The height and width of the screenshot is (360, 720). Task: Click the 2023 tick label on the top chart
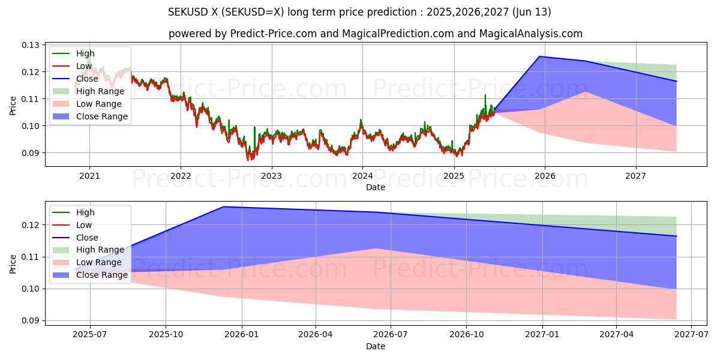coord(271,176)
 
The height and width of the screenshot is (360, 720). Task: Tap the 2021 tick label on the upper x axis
coord(89,176)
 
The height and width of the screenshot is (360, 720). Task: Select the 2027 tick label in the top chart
coord(635,176)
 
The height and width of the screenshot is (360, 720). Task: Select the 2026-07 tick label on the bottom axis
coord(391,335)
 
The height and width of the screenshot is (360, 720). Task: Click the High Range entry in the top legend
coord(100,91)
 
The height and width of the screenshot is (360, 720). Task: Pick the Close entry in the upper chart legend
coord(88,79)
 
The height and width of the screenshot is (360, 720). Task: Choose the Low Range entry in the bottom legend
coord(99,262)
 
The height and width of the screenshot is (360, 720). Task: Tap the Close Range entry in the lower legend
coord(102,275)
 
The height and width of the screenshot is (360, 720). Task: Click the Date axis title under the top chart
coord(376,187)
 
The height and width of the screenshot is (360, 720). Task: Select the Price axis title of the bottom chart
coord(13,263)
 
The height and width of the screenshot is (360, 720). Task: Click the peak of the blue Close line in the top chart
coord(539,56)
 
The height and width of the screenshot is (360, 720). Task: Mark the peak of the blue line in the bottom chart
coord(223,207)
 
